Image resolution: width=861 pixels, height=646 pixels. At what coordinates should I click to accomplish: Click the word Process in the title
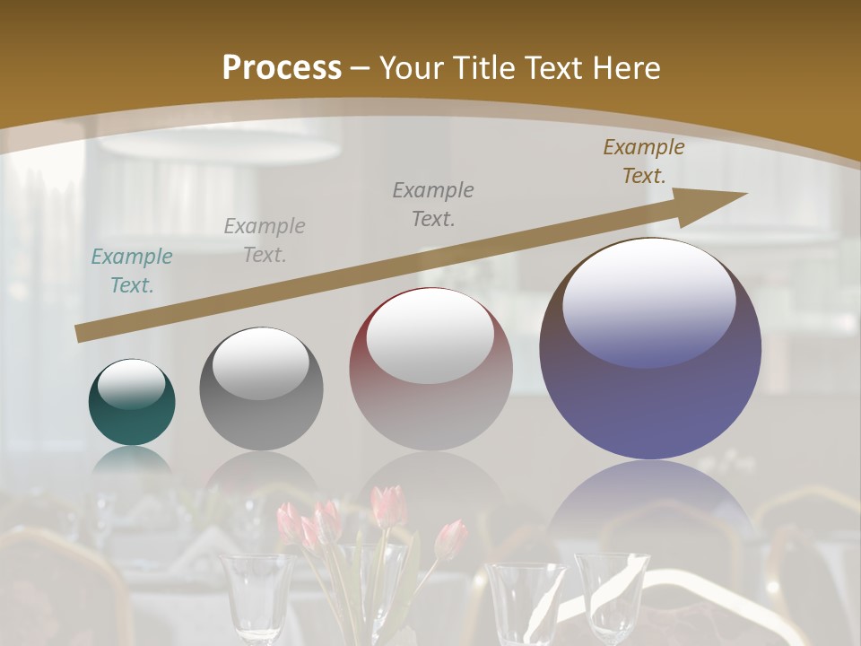[x=282, y=68]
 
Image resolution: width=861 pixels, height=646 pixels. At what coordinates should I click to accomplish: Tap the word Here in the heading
[x=624, y=68]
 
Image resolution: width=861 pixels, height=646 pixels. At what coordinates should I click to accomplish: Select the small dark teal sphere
[x=132, y=403]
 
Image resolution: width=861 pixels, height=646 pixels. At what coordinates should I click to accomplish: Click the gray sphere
[x=261, y=388]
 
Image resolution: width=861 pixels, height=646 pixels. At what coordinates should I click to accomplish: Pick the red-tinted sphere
[x=430, y=370]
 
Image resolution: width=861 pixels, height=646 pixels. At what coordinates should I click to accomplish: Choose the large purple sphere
[x=650, y=349]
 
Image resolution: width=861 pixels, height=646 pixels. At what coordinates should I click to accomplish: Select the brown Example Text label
[x=643, y=161]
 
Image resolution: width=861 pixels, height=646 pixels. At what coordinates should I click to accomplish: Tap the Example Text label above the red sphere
[x=432, y=204]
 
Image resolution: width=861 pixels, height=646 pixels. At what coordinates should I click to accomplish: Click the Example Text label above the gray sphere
[x=264, y=240]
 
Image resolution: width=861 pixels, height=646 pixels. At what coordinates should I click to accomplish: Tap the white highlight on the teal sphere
[x=132, y=384]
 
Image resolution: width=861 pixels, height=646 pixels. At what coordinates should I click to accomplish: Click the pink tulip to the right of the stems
[x=451, y=538]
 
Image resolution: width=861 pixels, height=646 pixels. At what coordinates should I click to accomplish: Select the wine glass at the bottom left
[x=257, y=592]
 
